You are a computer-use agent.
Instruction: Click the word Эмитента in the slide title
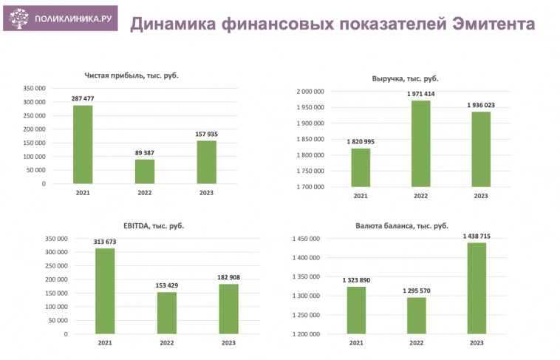tap(492, 24)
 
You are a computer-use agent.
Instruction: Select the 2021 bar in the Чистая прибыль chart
tap(83, 145)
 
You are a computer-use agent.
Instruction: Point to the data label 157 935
tap(207, 134)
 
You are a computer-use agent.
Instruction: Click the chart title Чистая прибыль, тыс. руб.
tap(132, 75)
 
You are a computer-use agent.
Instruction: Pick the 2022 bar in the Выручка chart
tap(420, 144)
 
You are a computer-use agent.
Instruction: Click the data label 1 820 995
tap(360, 141)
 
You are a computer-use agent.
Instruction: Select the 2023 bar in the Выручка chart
tap(480, 149)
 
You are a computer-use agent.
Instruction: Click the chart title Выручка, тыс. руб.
tap(406, 78)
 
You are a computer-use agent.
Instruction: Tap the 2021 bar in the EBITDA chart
tap(105, 291)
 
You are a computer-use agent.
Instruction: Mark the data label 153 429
tap(167, 285)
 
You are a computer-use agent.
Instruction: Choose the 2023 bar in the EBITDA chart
tap(228, 309)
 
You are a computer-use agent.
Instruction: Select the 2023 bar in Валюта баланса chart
tap(476, 288)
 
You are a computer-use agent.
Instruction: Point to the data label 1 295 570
tap(416, 291)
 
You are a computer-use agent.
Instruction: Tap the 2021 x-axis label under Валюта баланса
tap(356, 344)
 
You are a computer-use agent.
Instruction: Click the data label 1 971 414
tap(420, 94)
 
